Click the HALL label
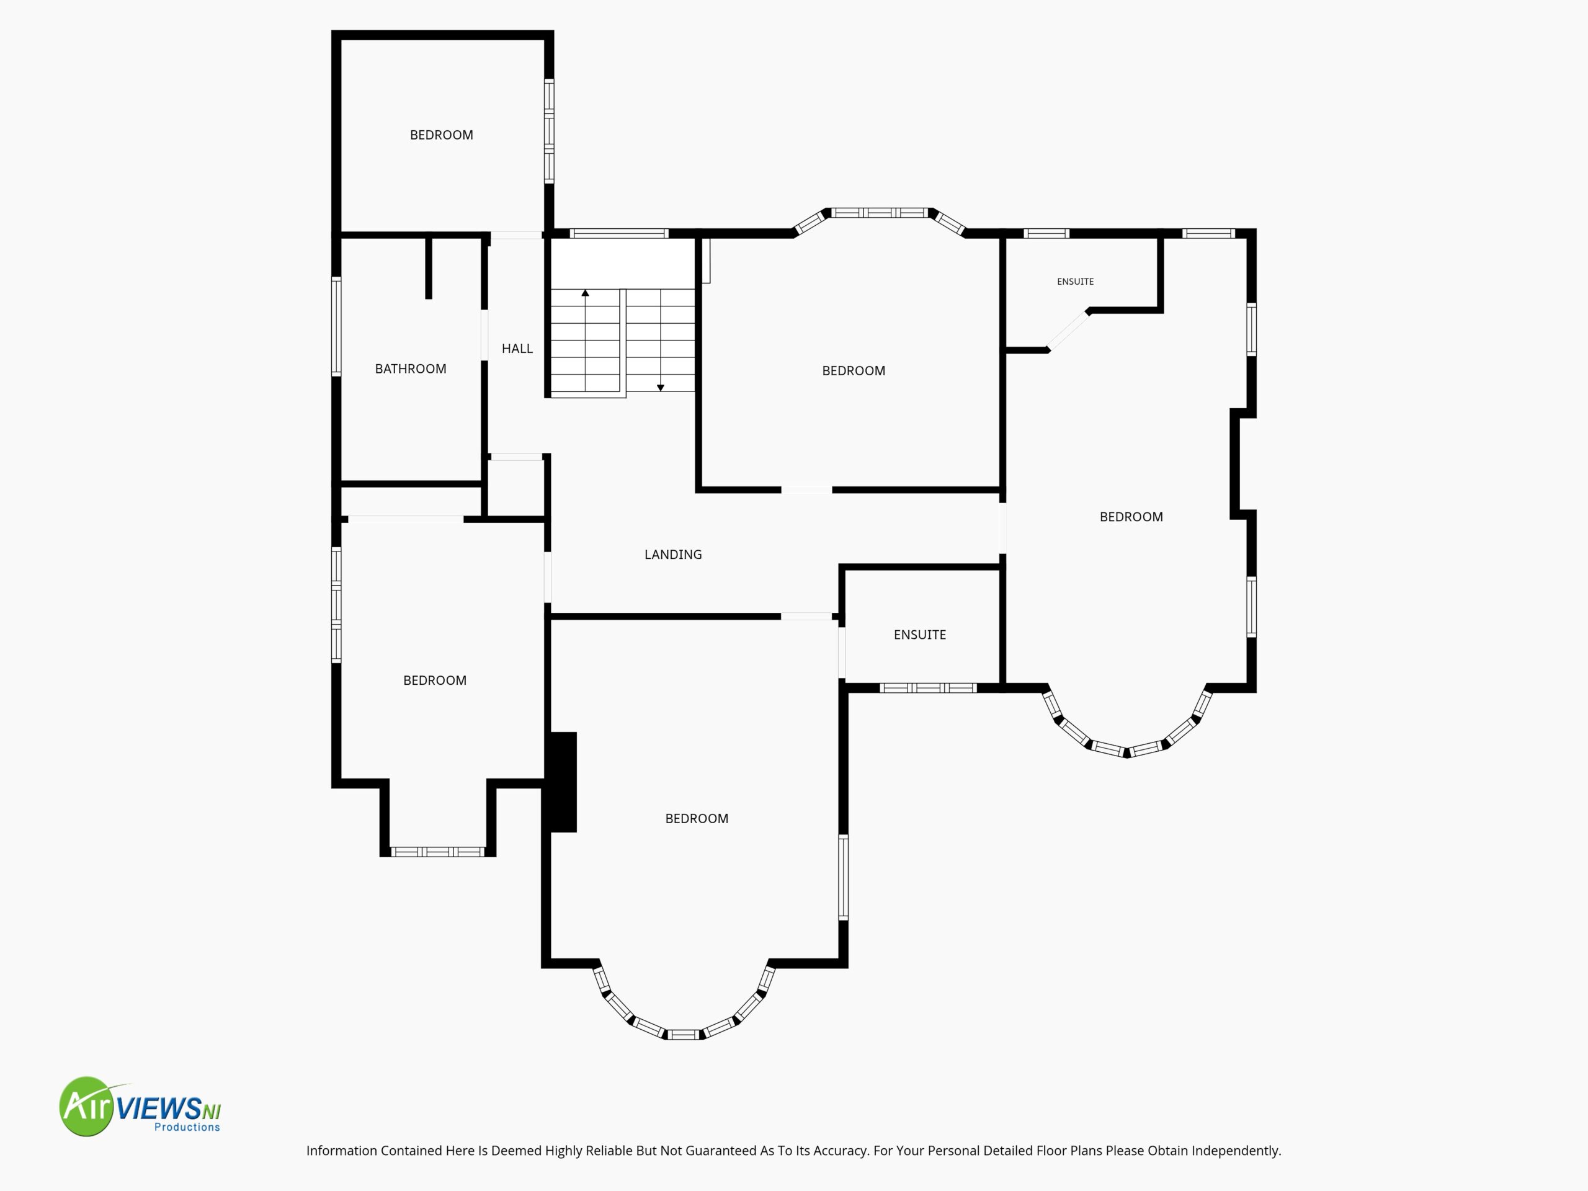[517, 349]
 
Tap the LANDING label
[672, 554]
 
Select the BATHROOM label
[411, 369]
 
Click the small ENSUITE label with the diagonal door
[1076, 282]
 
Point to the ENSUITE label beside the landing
[920, 635]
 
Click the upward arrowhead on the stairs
[585, 293]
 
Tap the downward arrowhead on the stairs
[661, 388]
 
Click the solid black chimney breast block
[563, 782]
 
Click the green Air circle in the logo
[87, 1106]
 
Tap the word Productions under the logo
[187, 1127]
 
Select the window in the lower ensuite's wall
[927, 688]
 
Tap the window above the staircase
[619, 233]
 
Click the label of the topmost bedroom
[442, 135]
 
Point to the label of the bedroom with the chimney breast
[697, 818]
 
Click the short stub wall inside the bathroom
[429, 267]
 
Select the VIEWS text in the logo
[159, 1109]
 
